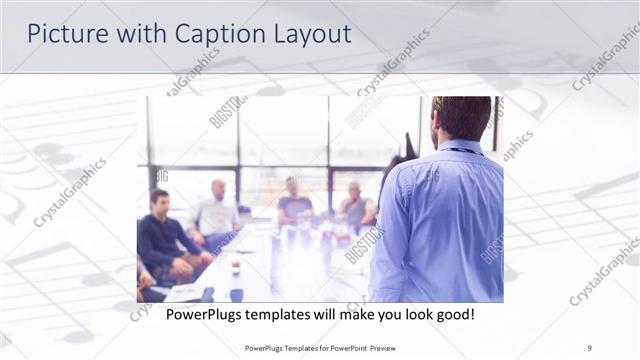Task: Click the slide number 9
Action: pyautogui.click(x=590, y=349)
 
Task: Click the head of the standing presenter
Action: pyautogui.click(x=461, y=117)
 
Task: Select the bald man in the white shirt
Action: pyautogui.click(x=217, y=210)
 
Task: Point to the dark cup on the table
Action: pyautogui.click(x=234, y=268)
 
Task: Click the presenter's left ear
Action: pyautogui.click(x=437, y=124)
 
